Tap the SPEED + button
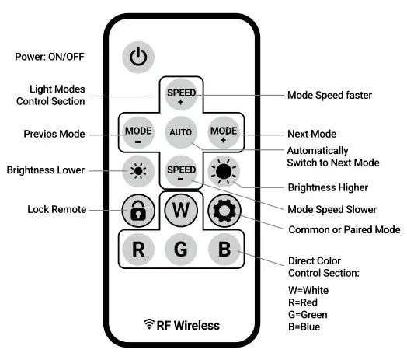(x=181, y=96)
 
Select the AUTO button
(x=181, y=132)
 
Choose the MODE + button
(x=223, y=132)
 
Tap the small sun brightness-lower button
(x=138, y=170)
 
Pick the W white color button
(x=181, y=209)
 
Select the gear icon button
(x=224, y=211)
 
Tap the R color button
(x=138, y=250)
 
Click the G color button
(x=181, y=250)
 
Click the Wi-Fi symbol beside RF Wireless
(x=149, y=324)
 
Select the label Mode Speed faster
(x=329, y=96)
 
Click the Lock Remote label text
(x=56, y=209)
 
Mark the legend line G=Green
(x=308, y=314)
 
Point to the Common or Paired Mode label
(x=344, y=229)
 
